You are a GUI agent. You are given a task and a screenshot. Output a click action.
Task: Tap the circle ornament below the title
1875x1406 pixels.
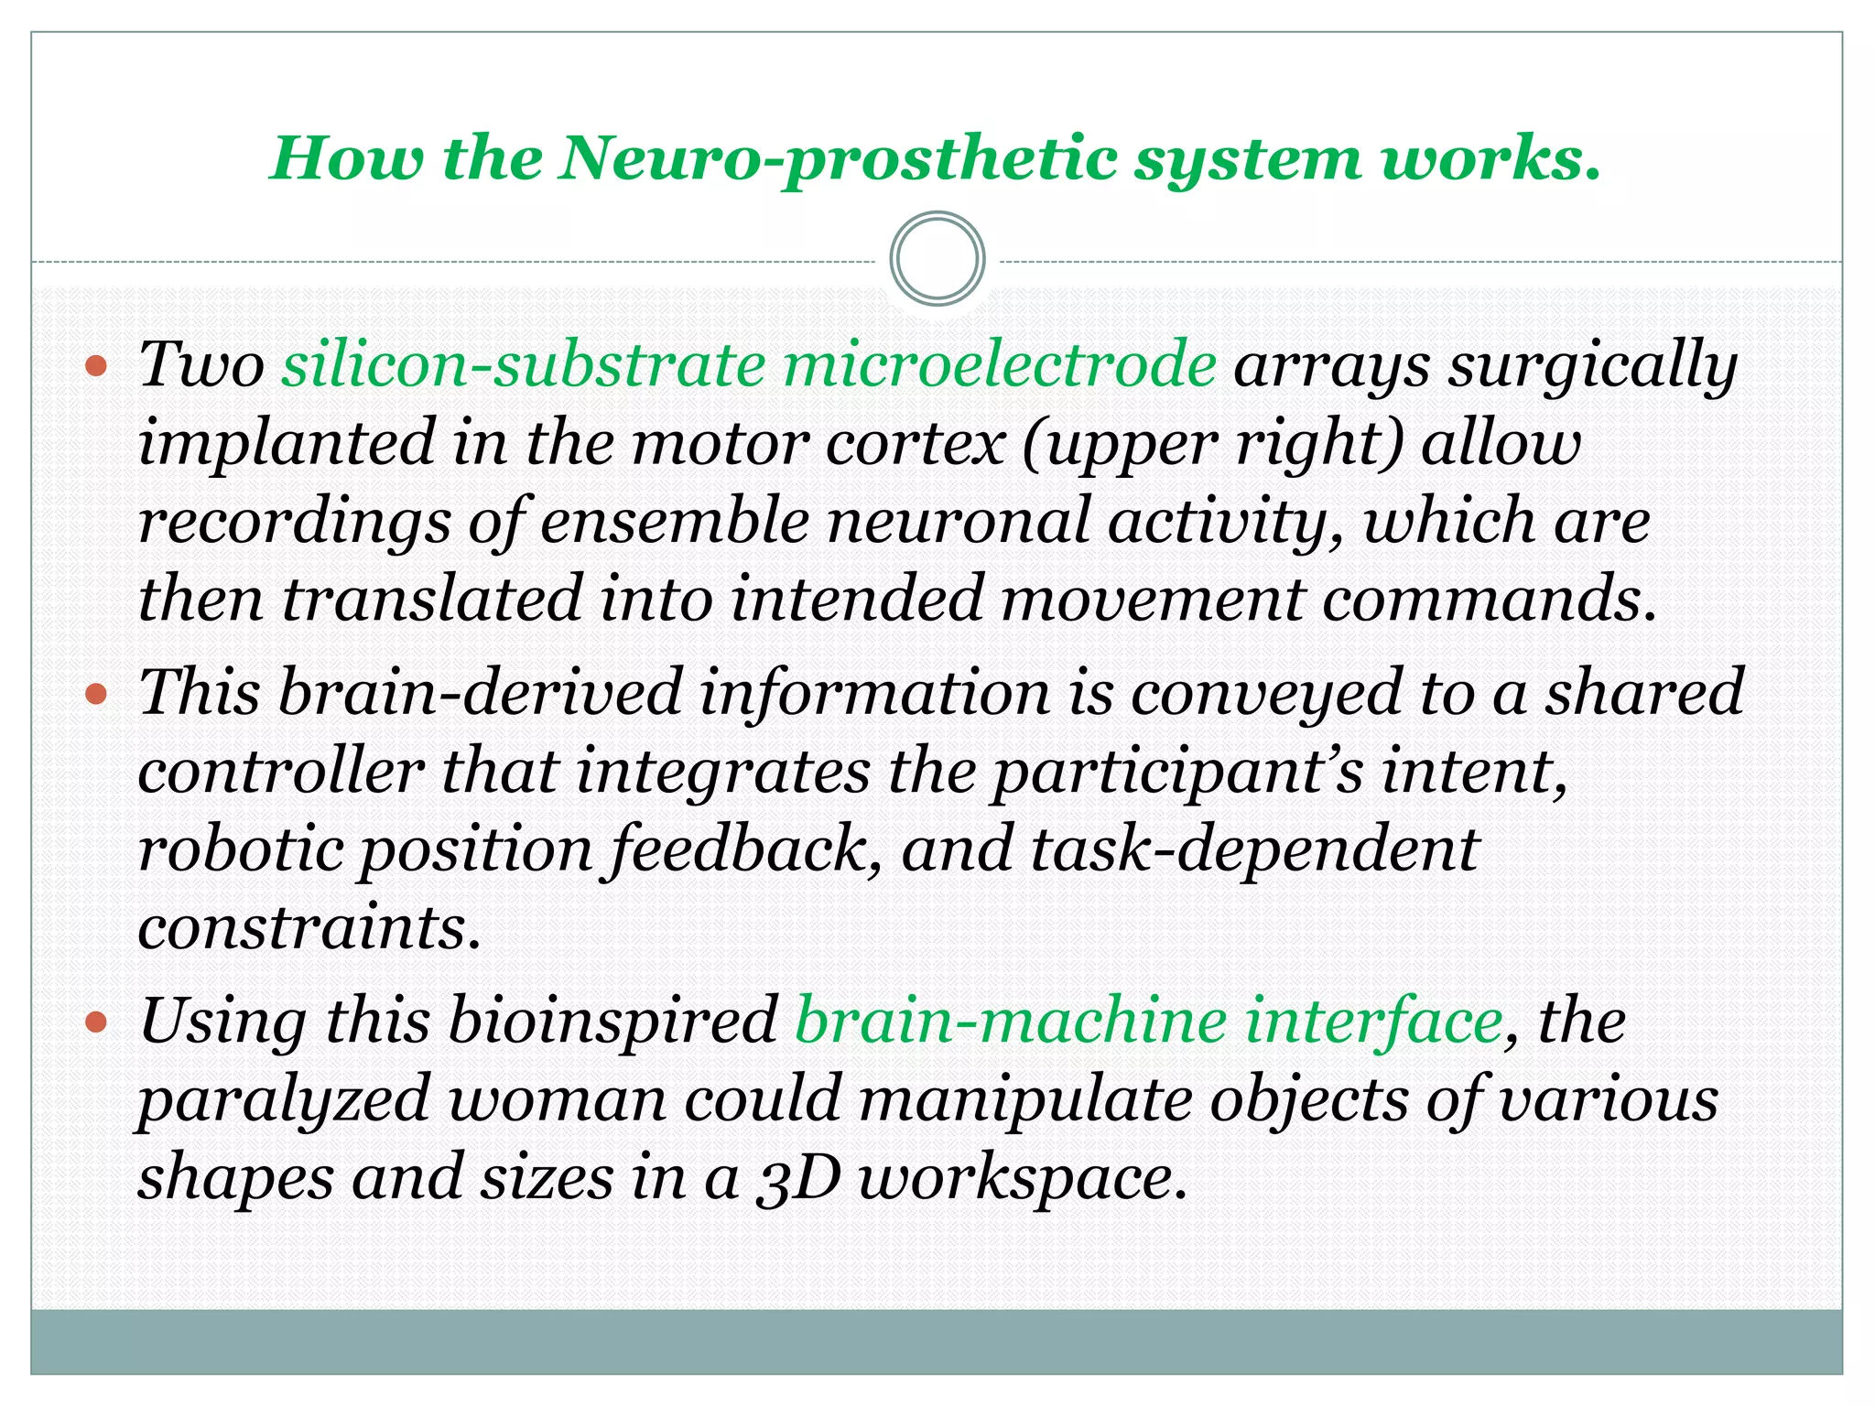click(937, 259)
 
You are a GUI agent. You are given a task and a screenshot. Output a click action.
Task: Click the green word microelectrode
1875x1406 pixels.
click(999, 364)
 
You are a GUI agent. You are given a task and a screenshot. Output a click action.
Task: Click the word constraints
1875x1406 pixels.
click(309, 927)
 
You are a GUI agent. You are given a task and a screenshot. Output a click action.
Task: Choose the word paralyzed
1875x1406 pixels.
click(284, 1100)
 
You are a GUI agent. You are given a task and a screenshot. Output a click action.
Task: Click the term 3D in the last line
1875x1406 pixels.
click(798, 1178)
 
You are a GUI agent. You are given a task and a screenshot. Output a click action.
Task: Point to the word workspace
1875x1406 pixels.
click(1022, 1178)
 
